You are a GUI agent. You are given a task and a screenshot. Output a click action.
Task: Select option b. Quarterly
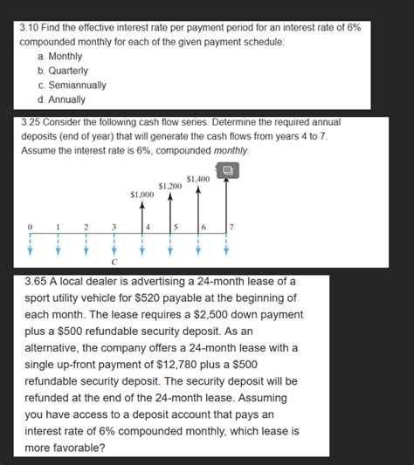63,70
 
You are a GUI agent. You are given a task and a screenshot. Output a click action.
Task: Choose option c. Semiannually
72,85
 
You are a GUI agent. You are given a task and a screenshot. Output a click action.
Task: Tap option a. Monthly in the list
60,56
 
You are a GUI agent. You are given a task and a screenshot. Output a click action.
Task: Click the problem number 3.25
32,123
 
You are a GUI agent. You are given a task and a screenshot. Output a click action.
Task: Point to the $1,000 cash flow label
141,194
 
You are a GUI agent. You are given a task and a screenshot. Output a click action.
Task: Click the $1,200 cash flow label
170,185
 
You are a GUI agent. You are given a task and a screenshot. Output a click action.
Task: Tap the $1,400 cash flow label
198,178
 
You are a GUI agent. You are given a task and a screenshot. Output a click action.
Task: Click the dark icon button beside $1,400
226,172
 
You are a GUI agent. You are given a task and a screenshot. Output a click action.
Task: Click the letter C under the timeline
114,260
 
